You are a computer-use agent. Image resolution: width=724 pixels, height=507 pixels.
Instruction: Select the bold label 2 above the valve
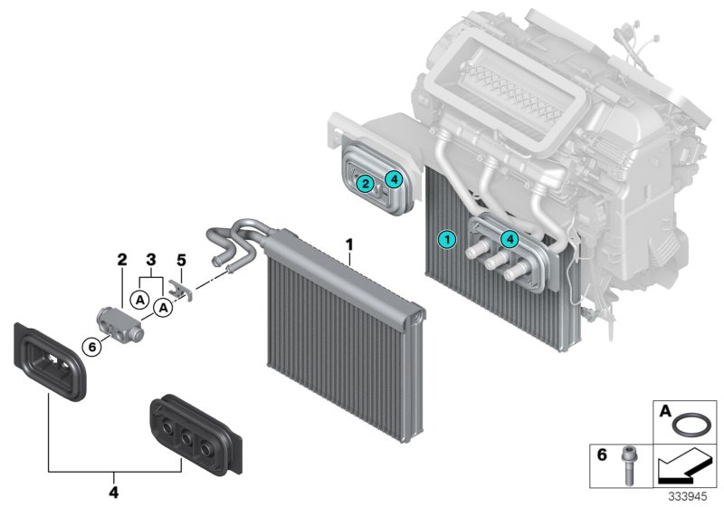pyautogui.click(x=122, y=260)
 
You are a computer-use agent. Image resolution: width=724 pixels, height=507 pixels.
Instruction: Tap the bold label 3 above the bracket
pyautogui.click(x=151, y=260)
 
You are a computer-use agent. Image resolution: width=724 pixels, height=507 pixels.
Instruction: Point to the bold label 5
pyautogui.click(x=180, y=260)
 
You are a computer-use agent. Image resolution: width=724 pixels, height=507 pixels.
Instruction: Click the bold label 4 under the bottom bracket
pyautogui.click(x=112, y=493)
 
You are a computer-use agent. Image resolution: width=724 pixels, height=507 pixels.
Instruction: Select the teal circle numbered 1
pyautogui.click(x=444, y=239)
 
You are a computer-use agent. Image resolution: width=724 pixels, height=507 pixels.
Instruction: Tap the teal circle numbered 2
pyautogui.click(x=364, y=184)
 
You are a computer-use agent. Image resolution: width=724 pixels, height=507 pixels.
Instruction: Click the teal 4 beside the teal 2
pyautogui.click(x=393, y=178)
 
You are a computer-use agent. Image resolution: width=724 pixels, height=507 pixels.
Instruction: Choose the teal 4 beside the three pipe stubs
pyautogui.click(x=510, y=239)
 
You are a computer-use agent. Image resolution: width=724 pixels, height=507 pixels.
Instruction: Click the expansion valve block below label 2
pyautogui.click(x=119, y=321)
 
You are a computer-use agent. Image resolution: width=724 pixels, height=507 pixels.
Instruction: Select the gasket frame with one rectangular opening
pyautogui.click(x=49, y=359)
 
